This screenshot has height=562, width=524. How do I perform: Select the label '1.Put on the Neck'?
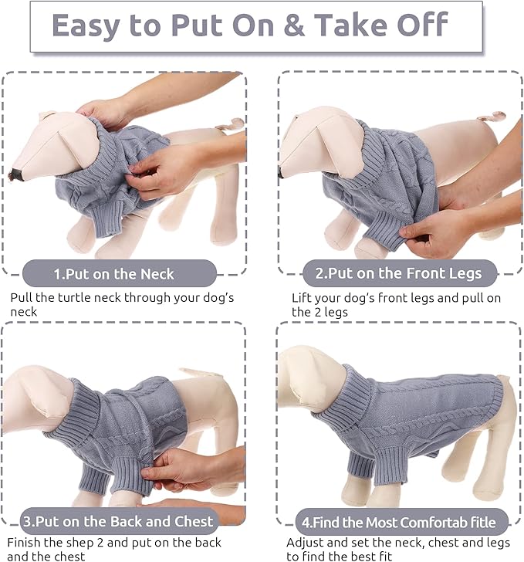pyautogui.click(x=114, y=273)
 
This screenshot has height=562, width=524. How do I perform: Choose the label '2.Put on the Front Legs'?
pyautogui.click(x=399, y=273)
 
